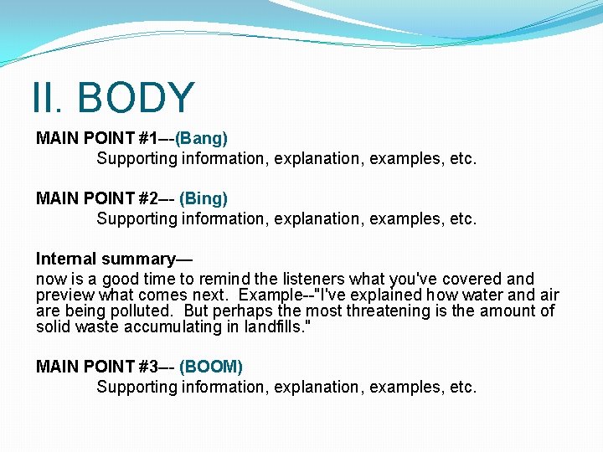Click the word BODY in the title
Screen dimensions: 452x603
pyautogui.click(x=136, y=98)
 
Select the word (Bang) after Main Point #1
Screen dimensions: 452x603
pyautogui.click(x=201, y=137)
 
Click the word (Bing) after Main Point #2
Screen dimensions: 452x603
pyautogui.click(x=203, y=198)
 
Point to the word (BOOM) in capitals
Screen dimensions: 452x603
pyautogui.click(x=211, y=367)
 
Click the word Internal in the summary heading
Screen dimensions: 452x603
pyautogui.click(x=66, y=259)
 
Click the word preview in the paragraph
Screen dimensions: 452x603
pyautogui.click(x=65, y=295)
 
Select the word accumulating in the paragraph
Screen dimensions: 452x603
pyautogui.click(x=171, y=326)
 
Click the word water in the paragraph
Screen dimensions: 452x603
pyautogui.click(x=477, y=295)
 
